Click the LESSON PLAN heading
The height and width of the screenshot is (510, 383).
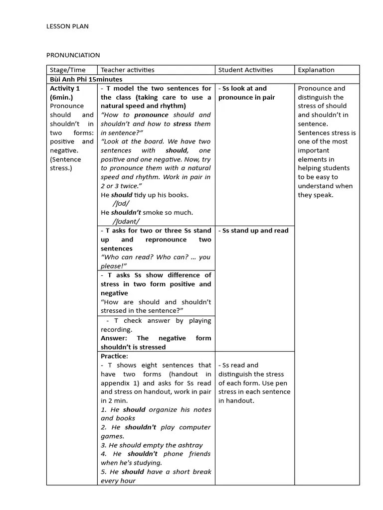(67, 26)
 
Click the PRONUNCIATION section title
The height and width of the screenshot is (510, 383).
(73, 55)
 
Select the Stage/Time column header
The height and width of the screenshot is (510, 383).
(67, 70)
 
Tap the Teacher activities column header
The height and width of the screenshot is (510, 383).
(127, 70)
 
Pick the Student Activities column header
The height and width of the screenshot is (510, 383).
(245, 70)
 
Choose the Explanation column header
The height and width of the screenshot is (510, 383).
(316, 70)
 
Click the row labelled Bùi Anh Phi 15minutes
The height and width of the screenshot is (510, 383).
(86, 79)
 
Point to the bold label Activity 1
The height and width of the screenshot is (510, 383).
(65, 88)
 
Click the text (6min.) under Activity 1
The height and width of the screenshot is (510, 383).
(61, 97)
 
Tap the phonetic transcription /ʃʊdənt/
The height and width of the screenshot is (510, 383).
(126, 221)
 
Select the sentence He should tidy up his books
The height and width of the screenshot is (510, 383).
(145, 195)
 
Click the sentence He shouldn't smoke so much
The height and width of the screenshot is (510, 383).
(147, 212)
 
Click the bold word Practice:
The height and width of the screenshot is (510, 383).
(114, 356)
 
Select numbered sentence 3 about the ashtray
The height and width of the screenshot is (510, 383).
(152, 445)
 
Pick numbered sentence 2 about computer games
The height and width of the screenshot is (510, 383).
(156, 431)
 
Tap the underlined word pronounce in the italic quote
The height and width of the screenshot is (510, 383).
(151, 115)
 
